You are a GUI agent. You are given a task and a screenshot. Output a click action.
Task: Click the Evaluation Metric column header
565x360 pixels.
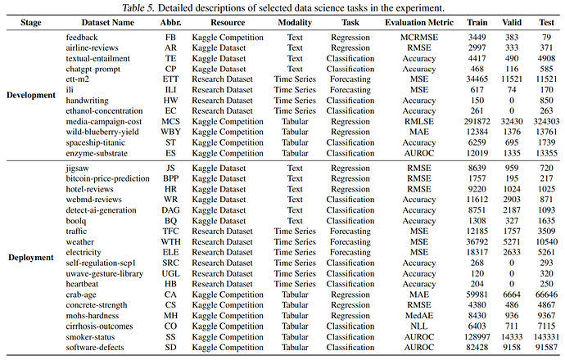pos(419,22)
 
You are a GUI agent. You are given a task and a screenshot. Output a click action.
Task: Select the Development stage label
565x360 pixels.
pos(31,95)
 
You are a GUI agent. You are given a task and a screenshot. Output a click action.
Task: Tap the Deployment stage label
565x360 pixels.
pos(31,258)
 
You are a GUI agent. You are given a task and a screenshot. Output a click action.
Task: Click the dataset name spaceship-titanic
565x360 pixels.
pos(95,142)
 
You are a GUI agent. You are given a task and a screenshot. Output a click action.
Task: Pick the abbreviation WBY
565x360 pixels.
pos(170,132)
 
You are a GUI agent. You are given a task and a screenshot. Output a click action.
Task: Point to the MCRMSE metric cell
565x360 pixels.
pos(419,37)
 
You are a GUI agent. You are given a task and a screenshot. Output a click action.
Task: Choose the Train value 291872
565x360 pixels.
pos(477,121)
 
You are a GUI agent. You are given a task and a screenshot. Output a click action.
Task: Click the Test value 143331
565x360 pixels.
pos(546,337)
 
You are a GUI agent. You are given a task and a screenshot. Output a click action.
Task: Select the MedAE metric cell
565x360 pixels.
pos(419,316)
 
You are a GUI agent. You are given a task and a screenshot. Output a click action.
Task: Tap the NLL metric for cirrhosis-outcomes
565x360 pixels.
pos(419,326)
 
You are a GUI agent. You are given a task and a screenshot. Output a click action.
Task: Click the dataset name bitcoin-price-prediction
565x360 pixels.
pos(107,178)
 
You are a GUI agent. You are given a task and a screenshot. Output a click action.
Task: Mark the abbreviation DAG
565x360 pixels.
pos(170,210)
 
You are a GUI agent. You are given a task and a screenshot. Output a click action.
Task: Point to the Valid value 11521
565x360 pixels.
pos(512,79)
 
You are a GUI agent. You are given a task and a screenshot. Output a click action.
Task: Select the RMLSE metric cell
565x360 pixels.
pos(419,121)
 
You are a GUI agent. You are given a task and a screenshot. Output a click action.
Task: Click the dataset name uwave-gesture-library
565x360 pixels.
pos(105,273)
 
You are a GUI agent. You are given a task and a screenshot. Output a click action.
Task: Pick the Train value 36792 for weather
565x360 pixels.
pos(477,242)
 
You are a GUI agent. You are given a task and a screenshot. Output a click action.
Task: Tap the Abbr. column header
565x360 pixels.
pos(171,22)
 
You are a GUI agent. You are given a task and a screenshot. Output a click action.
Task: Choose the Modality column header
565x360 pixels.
pos(295,22)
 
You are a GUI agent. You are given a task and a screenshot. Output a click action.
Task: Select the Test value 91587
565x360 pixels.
pos(546,348)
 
